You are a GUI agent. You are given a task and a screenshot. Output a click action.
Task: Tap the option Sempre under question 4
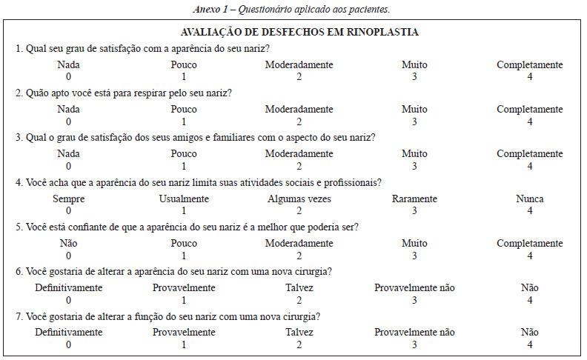(x=68, y=199)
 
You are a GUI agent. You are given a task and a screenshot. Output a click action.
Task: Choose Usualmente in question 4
(x=184, y=199)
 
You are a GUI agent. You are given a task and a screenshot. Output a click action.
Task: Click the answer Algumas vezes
(x=299, y=199)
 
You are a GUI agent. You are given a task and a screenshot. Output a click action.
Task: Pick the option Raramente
(x=414, y=199)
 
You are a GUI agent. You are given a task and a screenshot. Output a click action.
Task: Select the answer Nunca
(x=529, y=199)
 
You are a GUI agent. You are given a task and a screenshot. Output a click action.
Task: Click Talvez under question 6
(x=299, y=288)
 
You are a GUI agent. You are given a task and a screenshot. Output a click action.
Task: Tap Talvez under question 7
(x=299, y=333)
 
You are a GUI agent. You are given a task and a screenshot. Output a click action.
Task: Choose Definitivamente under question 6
(x=68, y=288)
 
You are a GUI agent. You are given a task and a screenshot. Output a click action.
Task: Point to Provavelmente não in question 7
(x=414, y=333)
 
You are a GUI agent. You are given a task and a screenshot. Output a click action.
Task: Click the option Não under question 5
(x=68, y=243)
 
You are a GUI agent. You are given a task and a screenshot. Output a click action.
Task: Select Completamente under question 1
(x=529, y=64)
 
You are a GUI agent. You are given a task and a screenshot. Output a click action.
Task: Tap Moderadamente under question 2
(x=299, y=109)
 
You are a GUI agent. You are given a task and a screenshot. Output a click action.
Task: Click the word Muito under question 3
(x=414, y=153)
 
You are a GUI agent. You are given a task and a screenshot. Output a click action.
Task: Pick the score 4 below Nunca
(x=529, y=210)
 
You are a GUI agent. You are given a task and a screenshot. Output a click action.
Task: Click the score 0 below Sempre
(x=68, y=210)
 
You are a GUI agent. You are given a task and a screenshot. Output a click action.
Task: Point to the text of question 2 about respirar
(x=125, y=93)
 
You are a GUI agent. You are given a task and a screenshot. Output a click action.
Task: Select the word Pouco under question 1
(x=184, y=64)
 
